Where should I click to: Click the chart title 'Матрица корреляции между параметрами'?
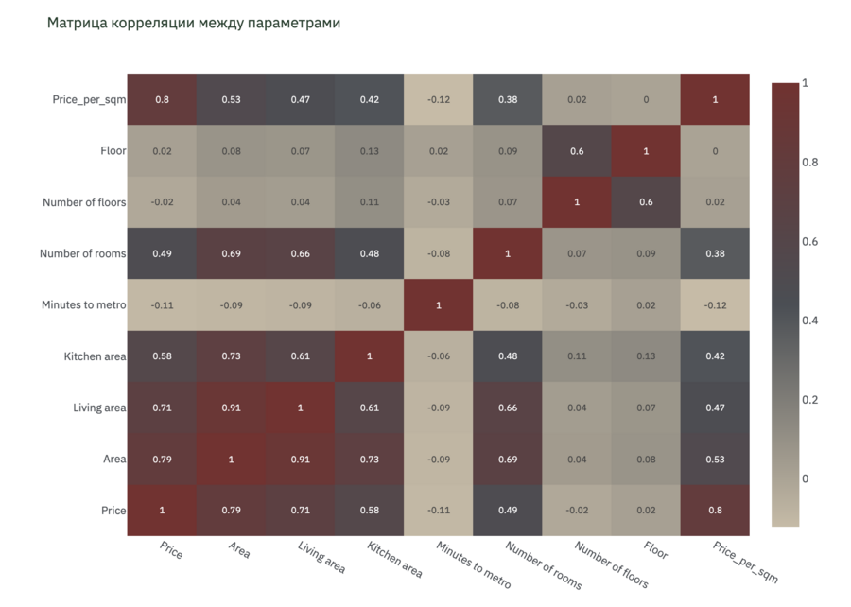[194, 23]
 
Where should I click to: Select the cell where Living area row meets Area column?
[231, 408]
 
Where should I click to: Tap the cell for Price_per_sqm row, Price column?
[162, 99]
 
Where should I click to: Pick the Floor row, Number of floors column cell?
[577, 151]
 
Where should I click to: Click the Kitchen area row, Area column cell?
[231, 356]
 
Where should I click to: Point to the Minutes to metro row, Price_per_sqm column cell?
[715, 304]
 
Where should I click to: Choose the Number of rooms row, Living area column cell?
[301, 253]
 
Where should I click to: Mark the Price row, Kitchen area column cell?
[370, 511]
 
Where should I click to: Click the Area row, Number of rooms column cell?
[508, 459]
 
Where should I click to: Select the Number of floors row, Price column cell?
[162, 202]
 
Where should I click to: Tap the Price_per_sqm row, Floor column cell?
[646, 99]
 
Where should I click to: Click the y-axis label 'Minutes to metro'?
[83, 304]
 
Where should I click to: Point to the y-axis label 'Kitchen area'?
[95, 356]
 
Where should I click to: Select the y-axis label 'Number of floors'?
[84, 202]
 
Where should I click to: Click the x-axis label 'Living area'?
[321, 559]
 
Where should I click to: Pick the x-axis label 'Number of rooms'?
[544, 565]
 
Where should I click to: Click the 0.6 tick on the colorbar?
[810, 241]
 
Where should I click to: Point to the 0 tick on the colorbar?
[805, 478]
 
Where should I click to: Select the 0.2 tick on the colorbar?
[810, 400]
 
